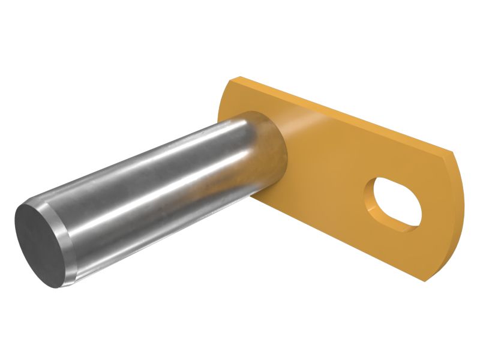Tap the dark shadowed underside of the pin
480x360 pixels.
pos(150,240)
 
